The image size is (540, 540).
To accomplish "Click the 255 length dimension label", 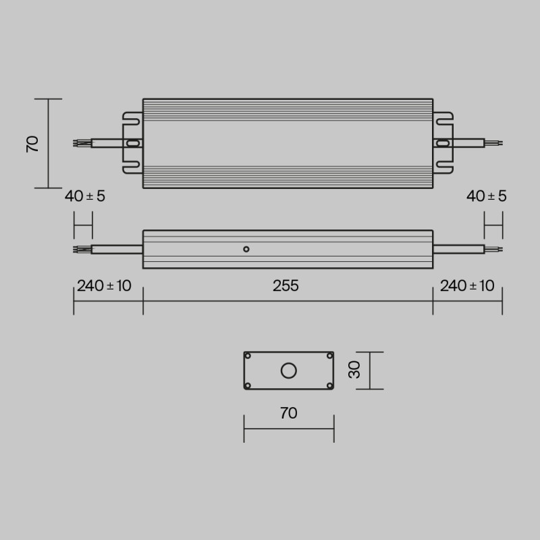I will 286,286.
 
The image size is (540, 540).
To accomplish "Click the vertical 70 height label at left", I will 32,144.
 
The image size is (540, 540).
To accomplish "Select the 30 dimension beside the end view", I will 355,370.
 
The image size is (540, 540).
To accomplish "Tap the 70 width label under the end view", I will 288,413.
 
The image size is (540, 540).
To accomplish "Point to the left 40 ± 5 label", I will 85,196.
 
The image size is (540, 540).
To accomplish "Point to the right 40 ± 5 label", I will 487,196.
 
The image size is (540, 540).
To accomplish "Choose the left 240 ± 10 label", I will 104,286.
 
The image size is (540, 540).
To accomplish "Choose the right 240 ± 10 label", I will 467,286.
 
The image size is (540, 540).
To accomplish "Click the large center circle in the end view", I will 289,371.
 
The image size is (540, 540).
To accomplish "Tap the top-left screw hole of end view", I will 248,356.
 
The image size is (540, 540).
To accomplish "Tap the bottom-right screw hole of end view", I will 329,385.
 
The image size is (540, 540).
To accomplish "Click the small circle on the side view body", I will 246,249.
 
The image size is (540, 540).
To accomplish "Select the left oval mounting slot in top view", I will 133,143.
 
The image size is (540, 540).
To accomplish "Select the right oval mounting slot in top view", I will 443,143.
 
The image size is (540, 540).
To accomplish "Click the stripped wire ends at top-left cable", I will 80,143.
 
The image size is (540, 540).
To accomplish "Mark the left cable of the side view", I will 116,249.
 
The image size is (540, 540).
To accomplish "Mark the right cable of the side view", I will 458,249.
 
